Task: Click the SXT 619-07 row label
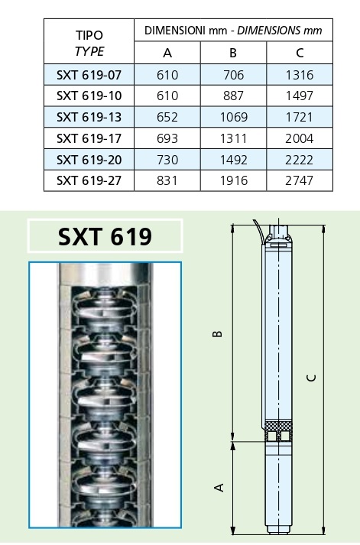coord(89,75)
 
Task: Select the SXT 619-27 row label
coord(89,180)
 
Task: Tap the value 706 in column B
coord(234,75)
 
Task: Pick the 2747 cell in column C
coord(299,180)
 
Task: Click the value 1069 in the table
coord(234,117)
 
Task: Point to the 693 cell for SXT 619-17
coord(167,138)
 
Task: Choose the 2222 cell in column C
coord(299,160)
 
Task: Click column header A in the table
coord(167,53)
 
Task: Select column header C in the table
coord(300,53)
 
